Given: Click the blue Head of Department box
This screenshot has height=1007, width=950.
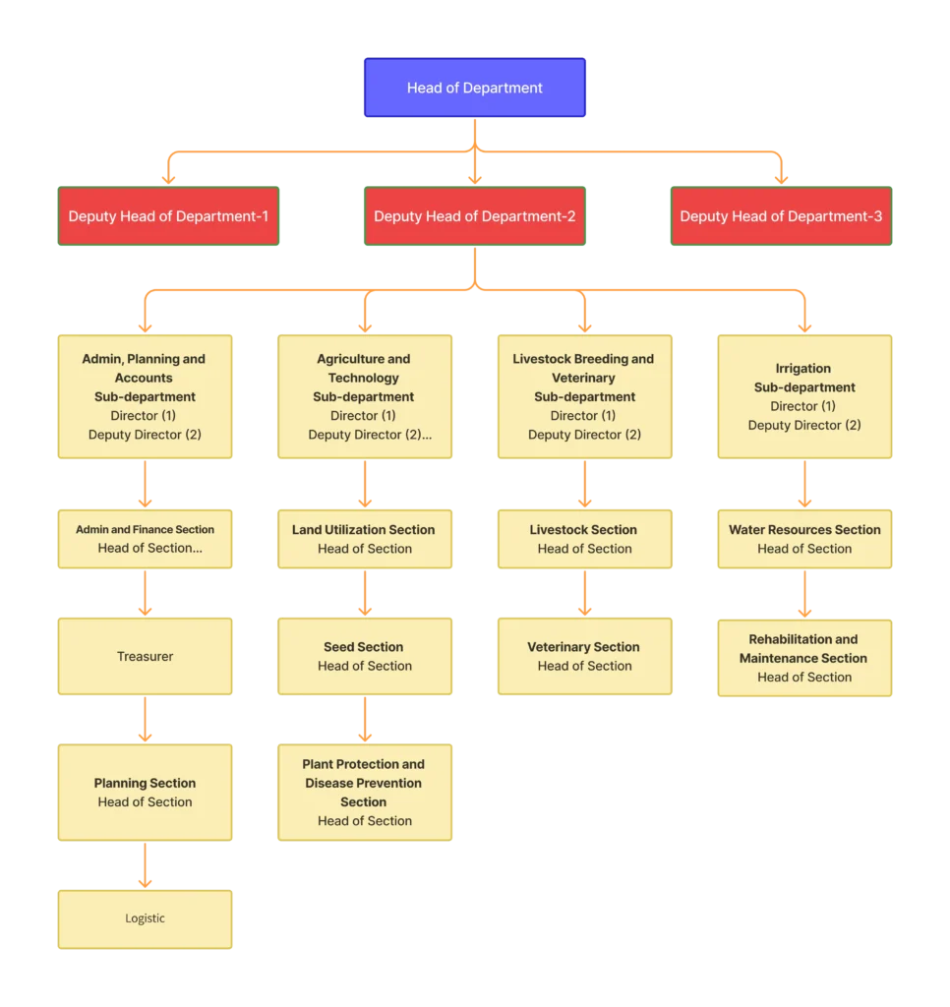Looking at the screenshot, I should point(475,88).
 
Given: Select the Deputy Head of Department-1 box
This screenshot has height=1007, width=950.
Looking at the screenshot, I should point(168,216).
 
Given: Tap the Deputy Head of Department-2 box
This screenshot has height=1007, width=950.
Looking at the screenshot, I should point(475,216).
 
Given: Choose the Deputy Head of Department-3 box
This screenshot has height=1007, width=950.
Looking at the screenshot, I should point(782,216).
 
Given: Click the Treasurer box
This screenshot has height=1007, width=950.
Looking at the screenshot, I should point(146,656).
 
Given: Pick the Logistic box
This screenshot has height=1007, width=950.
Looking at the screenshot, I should point(146,918).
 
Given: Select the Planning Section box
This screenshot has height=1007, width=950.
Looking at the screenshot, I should point(146,792).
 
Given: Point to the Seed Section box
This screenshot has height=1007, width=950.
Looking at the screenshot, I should point(365,656).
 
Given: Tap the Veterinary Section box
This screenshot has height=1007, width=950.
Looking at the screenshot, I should point(585,656).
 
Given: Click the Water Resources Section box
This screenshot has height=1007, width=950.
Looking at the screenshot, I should point(804,539).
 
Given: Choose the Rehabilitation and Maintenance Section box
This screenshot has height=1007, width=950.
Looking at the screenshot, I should point(804,657).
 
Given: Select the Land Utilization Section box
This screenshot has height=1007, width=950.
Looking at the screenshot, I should point(365,539).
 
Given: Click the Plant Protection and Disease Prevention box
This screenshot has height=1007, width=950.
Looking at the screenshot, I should point(365,792).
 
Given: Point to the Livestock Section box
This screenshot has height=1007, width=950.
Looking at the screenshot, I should point(585,539).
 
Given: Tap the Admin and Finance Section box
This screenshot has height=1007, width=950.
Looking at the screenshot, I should point(146,539).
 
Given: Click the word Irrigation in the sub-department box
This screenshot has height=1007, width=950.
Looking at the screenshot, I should point(803,369).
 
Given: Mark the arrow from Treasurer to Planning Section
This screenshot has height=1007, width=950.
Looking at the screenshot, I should point(146,720).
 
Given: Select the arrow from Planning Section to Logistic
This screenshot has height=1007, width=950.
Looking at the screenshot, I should point(146,865).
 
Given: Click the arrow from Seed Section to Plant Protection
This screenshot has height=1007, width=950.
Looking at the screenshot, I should point(365,720).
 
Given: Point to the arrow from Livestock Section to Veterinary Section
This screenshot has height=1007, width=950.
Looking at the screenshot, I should point(585,593).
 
